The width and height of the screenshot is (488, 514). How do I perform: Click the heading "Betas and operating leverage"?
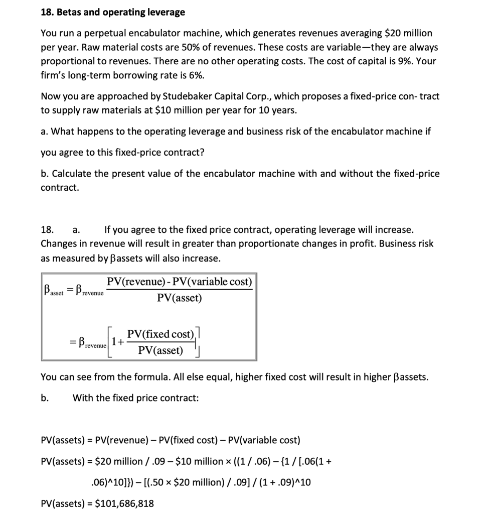point(120,12)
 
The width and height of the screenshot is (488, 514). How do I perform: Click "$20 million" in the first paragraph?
point(407,33)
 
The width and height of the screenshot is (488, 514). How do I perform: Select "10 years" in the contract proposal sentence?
point(277,110)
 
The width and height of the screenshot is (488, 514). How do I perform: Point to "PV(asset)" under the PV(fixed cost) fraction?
point(160,350)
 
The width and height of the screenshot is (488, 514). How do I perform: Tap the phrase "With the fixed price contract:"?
point(135,398)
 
